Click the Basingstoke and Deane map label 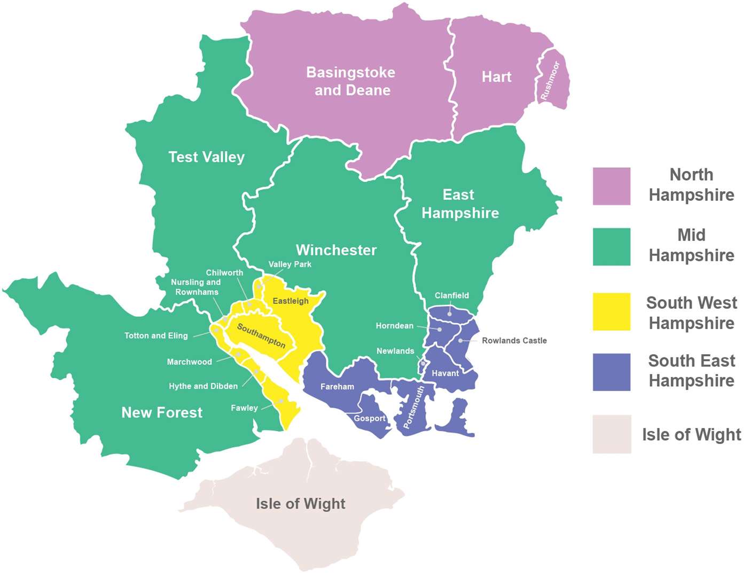click(351, 81)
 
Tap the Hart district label click(496, 77)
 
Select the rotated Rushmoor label click(550, 81)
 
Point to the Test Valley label click(206, 157)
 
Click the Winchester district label click(336, 250)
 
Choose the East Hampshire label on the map click(460, 204)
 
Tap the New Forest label click(162, 412)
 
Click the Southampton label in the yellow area click(261, 336)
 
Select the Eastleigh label click(291, 301)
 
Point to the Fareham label click(337, 386)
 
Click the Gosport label click(369, 418)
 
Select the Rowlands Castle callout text click(514, 340)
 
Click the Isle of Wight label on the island click(300, 504)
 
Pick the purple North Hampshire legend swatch click(611, 186)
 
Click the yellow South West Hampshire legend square click(611, 311)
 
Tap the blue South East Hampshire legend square click(611, 372)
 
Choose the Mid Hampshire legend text click(691, 245)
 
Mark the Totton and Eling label click(156, 336)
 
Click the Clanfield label click(451, 295)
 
